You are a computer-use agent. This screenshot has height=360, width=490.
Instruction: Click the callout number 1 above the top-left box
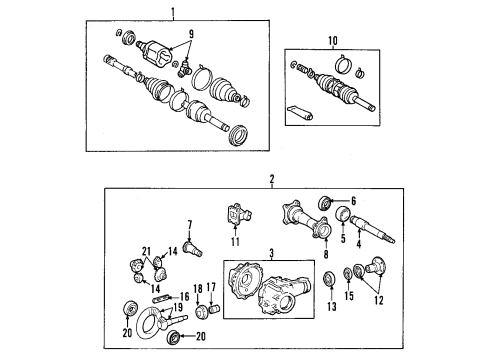(173, 13)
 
